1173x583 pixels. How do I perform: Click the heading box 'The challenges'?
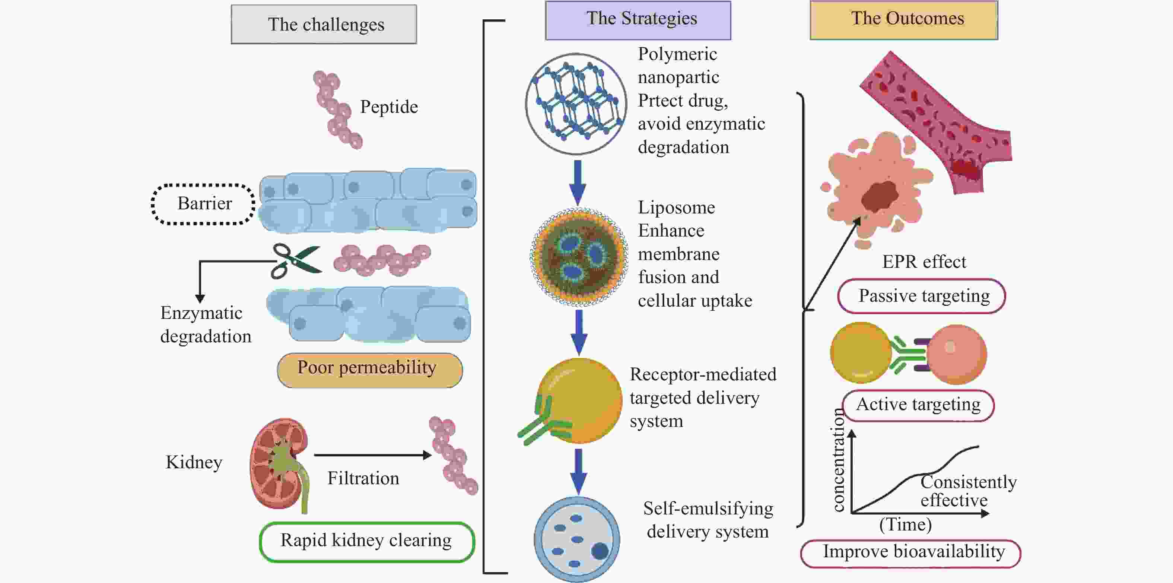[x=324, y=24]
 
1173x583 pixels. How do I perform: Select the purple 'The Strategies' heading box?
[x=638, y=20]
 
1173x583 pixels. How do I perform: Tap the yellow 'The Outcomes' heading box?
[x=904, y=20]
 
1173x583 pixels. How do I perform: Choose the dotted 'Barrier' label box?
[x=204, y=204]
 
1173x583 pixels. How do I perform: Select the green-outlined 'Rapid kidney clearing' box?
[x=366, y=541]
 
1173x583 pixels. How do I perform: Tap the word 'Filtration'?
[x=363, y=478]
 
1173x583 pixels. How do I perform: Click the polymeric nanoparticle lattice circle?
[x=576, y=104]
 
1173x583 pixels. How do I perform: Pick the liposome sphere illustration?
[x=578, y=256]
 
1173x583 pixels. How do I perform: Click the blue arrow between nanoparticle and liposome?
[x=578, y=182]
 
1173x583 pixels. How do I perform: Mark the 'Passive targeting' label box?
[x=922, y=296]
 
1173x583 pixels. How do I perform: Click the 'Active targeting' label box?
[x=918, y=405]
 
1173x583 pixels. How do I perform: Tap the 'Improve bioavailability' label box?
[x=911, y=552]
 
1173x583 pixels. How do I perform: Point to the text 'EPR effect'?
[x=924, y=262]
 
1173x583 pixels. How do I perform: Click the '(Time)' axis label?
[x=905, y=525]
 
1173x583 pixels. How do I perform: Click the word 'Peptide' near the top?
[x=389, y=107]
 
